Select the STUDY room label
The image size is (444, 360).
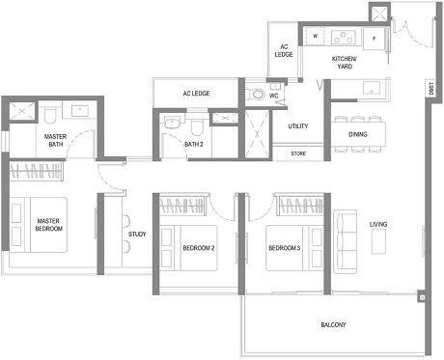coord(137,233)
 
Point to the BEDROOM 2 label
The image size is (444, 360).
coord(200,248)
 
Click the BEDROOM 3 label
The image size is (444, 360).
coord(286,248)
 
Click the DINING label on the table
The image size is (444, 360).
coord(357,134)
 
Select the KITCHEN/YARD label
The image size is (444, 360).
coord(345,63)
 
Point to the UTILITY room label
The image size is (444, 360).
coord(298,126)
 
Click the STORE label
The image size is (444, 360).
coord(298,152)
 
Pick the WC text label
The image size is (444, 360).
coord(274,96)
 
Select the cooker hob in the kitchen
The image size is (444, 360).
coord(343,38)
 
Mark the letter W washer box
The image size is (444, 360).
coord(315,38)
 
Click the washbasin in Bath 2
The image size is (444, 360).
coord(172,122)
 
